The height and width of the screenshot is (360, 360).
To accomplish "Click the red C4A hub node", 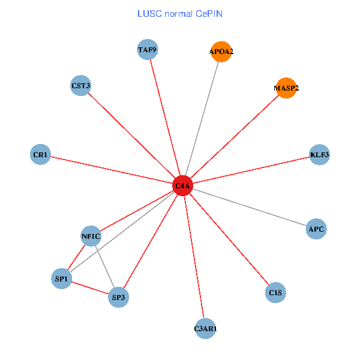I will tap(182, 186).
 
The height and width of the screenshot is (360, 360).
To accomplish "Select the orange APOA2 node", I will tap(221, 52).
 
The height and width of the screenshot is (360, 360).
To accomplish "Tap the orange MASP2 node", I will tap(286, 88).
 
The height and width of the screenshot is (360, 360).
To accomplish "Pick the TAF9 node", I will tap(148, 50).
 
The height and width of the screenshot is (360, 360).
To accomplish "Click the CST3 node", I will tap(80, 86).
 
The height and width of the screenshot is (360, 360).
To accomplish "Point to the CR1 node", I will tap(40, 155).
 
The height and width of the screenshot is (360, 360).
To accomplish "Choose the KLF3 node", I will tap(319, 155).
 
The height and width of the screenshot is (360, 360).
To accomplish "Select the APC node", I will tap(316, 229).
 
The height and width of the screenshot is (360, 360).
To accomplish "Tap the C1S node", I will tap(275, 293).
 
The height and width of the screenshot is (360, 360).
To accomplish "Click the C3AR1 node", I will tap(205, 329).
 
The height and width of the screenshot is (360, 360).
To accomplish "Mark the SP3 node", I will tap(119, 296).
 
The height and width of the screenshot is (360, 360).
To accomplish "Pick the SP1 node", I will tap(62, 278).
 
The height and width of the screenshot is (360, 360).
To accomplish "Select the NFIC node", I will tap(91, 236).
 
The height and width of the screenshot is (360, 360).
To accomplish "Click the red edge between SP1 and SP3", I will tap(90, 287).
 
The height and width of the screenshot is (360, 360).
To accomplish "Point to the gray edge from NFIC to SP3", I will tap(104, 266).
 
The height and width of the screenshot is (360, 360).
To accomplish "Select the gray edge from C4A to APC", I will tap(249, 207).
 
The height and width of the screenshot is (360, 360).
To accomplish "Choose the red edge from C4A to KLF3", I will tap(251, 170).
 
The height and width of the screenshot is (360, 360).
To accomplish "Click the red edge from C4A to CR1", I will tap(111, 170).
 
